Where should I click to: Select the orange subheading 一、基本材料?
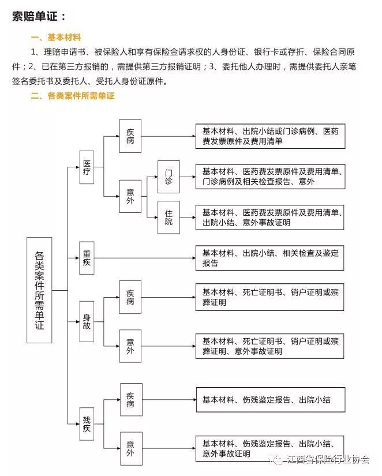pyautogui.click(x=56, y=38)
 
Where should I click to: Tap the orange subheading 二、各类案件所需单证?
pyautogui.click(x=73, y=96)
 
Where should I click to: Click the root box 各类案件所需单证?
pyautogui.click(x=39, y=290)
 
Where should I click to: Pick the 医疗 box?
pyautogui.click(x=87, y=167)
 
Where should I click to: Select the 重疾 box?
pyautogui.click(x=87, y=258)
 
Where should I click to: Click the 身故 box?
pyautogui.click(x=87, y=321)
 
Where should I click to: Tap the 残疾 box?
pyautogui.click(x=87, y=424)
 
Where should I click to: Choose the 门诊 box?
pyautogui.click(x=168, y=177)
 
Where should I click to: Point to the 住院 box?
pyautogui.click(x=168, y=218)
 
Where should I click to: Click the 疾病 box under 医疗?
pyautogui.click(x=130, y=136)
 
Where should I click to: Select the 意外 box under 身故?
pyautogui.click(x=130, y=346)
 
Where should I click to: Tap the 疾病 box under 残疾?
pyautogui.click(x=131, y=399)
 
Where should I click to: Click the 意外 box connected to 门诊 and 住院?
pyautogui.click(x=130, y=196)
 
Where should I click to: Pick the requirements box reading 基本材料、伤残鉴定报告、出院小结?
pyautogui.click(x=271, y=399)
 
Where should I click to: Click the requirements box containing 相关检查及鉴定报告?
pyautogui.click(x=269, y=258)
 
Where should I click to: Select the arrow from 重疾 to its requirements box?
pyautogui.click(x=145, y=258)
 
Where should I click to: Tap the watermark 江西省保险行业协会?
pyautogui.click(x=322, y=459)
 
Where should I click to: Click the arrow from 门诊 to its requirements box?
pyautogui.click(x=188, y=177)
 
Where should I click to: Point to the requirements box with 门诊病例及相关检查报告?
pyautogui.click(x=270, y=177)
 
